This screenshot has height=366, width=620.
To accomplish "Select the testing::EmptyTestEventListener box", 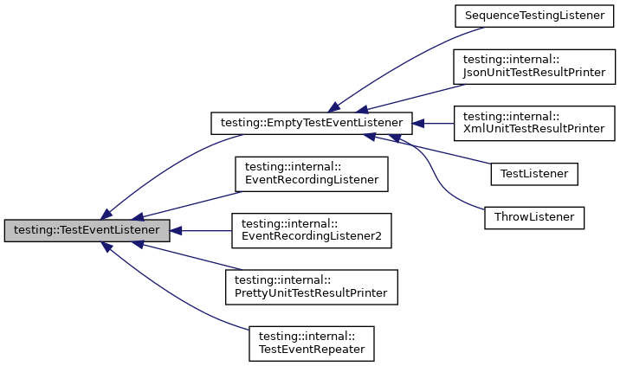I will (311, 124).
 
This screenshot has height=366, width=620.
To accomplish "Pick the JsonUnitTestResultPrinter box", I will (534, 66).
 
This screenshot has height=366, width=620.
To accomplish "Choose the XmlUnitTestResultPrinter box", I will (534, 124).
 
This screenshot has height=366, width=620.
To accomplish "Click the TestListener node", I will (533, 173).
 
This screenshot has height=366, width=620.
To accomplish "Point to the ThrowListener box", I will (533, 216).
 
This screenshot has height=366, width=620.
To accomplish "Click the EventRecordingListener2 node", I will (311, 231).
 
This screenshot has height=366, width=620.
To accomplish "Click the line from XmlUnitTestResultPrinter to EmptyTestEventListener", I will (437, 124).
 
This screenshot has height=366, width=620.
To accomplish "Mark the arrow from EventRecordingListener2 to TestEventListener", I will (203, 231).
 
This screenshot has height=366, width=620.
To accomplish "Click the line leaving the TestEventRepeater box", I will (173, 299).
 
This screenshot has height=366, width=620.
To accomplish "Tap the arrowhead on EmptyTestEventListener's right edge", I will (417, 124).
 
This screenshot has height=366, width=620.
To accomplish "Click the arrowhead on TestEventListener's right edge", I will (176, 231).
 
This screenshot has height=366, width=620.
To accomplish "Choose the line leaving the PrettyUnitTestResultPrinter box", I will (191, 256).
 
